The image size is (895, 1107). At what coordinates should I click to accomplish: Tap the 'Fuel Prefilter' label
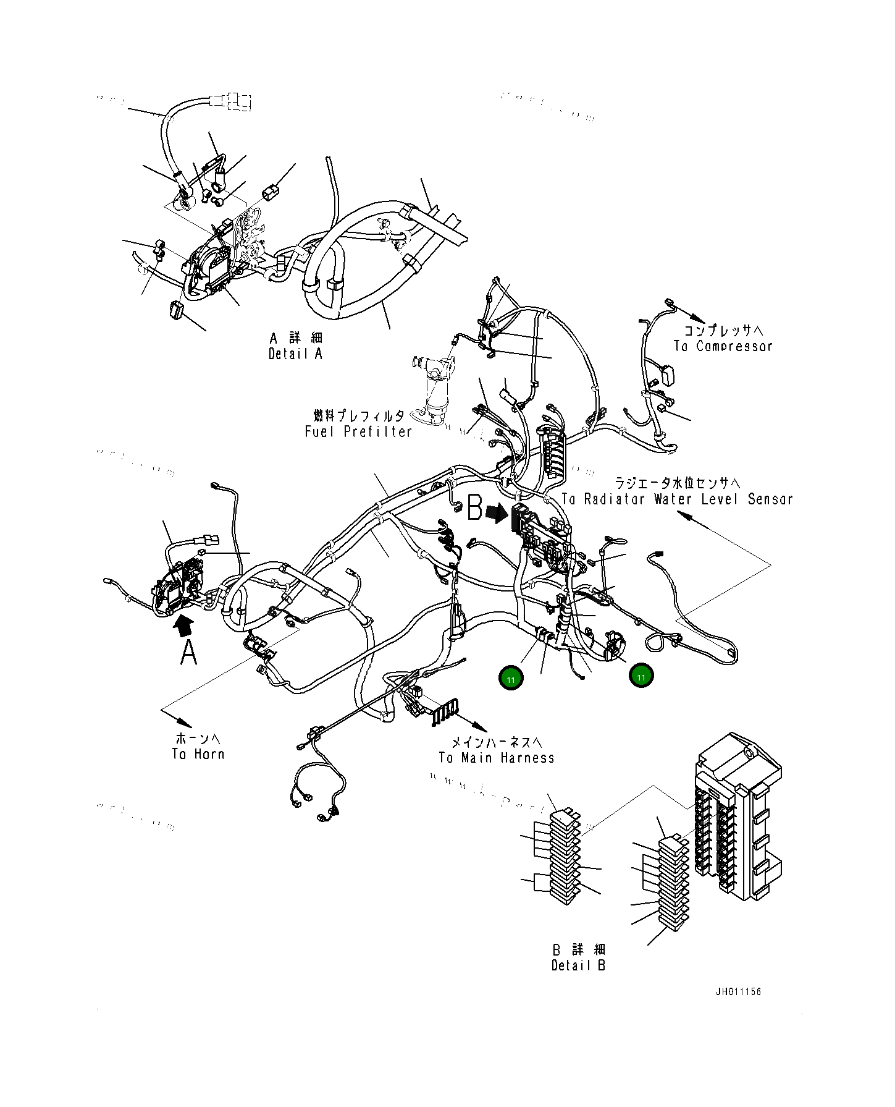click(x=358, y=431)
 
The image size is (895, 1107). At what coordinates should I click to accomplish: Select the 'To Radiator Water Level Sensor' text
click(x=678, y=499)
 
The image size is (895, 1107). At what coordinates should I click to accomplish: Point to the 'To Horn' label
click(x=198, y=754)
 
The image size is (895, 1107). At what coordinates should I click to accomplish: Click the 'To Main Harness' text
click(x=497, y=758)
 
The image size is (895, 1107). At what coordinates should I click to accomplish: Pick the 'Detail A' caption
click(x=295, y=354)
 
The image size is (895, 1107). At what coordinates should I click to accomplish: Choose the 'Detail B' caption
click(x=578, y=965)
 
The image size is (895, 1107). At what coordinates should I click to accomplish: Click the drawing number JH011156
click(x=738, y=992)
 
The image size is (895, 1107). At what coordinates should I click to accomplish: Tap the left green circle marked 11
click(x=511, y=678)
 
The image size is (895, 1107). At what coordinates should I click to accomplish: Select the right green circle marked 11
click(x=641, y=676)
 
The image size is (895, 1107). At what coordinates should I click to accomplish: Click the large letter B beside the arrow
click(x=474, y=508)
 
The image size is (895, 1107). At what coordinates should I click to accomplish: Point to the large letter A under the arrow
click(x=188, y=652)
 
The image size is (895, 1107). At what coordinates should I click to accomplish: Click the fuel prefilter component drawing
click(x=435, y=389)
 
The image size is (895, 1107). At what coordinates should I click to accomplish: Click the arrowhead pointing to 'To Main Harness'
click(x=480, y=727)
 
